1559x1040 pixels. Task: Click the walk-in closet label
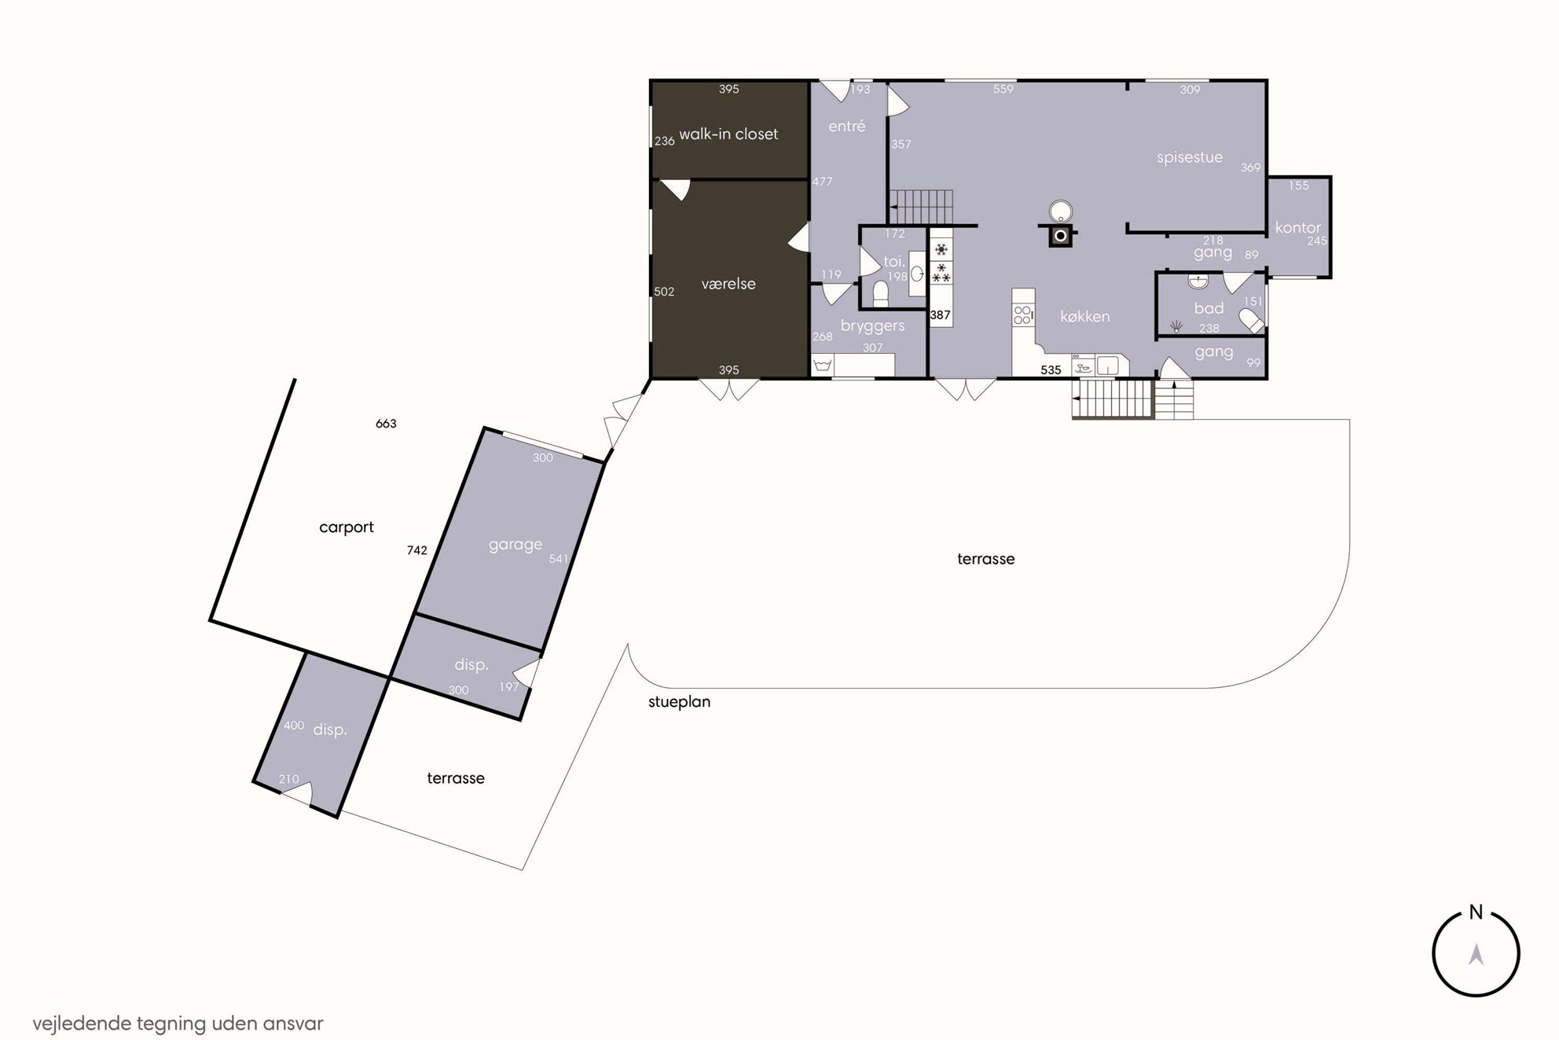coord(728,134)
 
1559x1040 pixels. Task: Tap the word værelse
coord(728,284)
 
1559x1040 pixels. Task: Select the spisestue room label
coord(1190,157)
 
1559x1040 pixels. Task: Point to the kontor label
coord(1298,227)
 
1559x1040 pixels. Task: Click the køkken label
coord(1085,316)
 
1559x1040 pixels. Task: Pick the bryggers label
coord(872,325)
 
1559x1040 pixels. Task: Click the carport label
coord(347,527)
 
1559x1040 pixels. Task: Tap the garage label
coord(515,545)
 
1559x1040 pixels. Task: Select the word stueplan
coord(679,702)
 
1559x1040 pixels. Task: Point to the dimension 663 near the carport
coord(386,424)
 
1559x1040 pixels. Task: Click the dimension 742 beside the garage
coord(417,550)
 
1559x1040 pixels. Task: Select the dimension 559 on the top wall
coord(1003,90)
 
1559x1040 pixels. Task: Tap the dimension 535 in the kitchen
coord(1051,370)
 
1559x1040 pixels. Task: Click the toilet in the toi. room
coord(881,293)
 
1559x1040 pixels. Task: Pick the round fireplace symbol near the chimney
coord(1061,211)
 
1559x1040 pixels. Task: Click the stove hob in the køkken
coord(1023,315)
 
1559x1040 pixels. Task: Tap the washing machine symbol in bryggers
coord(823,366)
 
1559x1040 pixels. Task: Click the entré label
coord(847,126)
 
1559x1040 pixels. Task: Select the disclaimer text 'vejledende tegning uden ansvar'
coord(178,1023)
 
